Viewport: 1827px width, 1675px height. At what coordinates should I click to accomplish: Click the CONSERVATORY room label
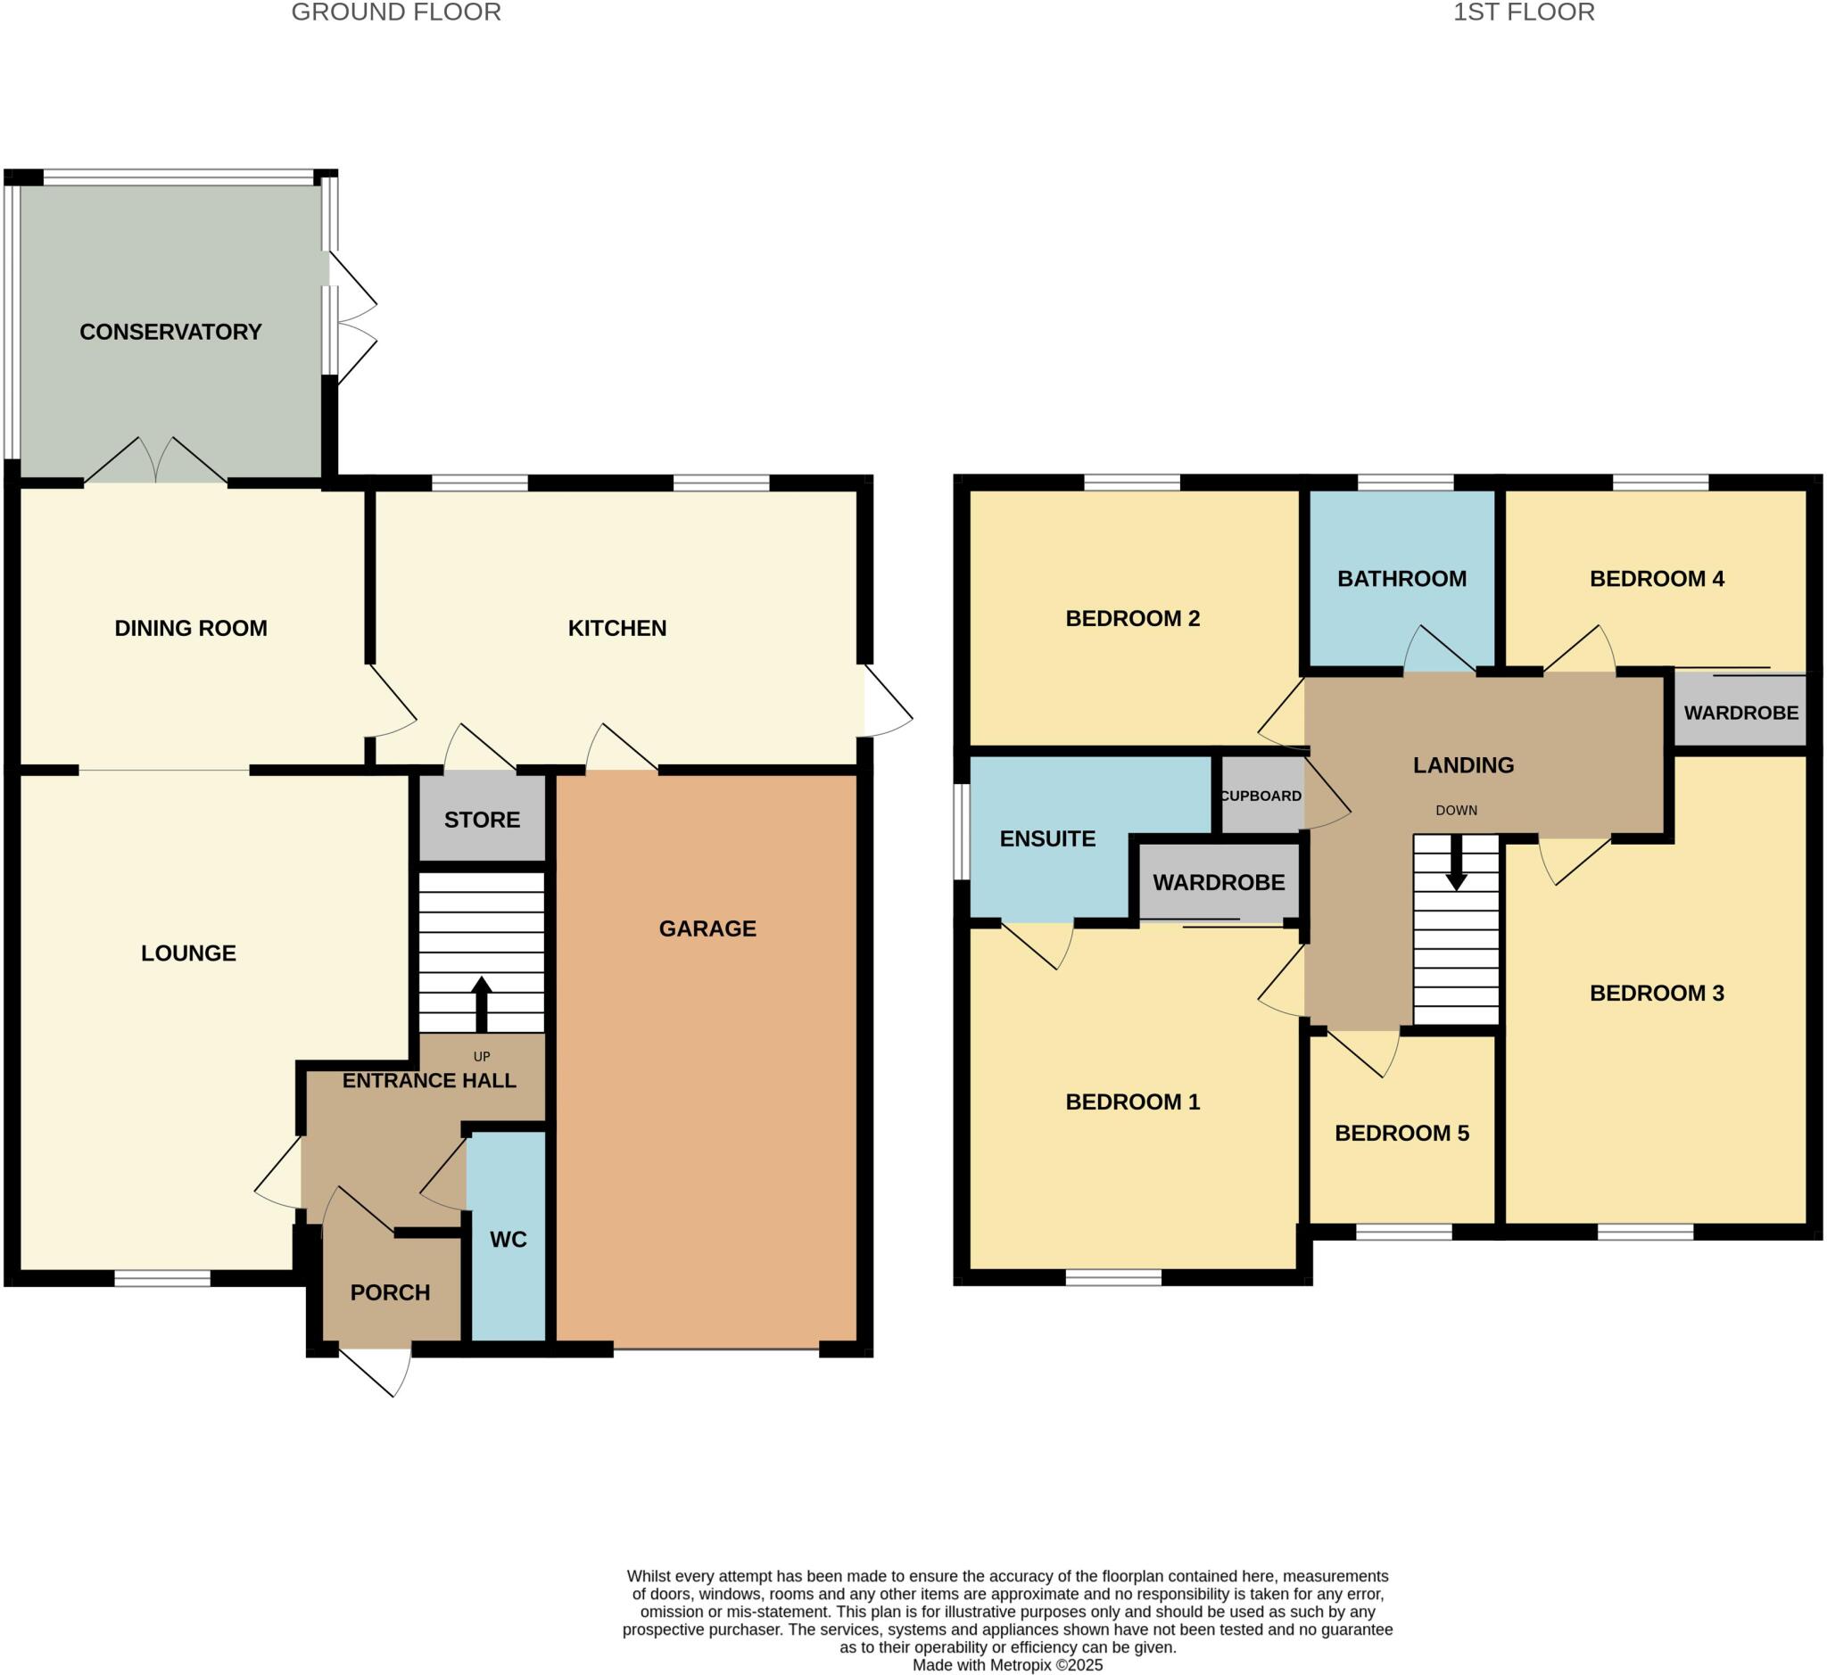(x=170, y=332)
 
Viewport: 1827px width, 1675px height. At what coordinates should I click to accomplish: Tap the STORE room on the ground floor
(x=482, y=820)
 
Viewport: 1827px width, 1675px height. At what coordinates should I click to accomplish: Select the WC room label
(x=508, y=1239)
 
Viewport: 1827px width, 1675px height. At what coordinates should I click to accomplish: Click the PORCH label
(x=390, y=1291)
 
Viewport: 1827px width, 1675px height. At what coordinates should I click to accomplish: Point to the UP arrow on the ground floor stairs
(x=482, y=1003)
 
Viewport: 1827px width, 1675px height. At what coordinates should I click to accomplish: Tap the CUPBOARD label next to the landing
(x=1261, y=796)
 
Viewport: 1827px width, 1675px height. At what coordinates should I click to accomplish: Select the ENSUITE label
(x=1047, y=838)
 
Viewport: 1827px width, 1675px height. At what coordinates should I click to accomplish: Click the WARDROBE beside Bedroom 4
(x=1740, y=713)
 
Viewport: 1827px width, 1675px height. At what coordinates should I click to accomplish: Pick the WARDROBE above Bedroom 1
(x=1219, y=882)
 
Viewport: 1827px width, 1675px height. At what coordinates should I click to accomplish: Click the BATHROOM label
(x=1401, y=578)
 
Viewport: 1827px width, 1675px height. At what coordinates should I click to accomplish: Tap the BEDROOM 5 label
(x=1401, y=1132)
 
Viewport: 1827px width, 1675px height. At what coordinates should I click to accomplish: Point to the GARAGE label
(x=707, y=928)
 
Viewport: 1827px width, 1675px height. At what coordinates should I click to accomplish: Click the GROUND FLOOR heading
(x=396, y=12)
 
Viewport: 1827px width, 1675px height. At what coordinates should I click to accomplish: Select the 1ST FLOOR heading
(x=1524, y=12)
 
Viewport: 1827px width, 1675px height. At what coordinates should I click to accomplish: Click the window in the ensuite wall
(x=961, y=831)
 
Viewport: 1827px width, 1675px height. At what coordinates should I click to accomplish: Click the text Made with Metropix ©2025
(x=1007, y=1664)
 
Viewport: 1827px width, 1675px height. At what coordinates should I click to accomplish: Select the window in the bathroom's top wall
(x=1404, y=483)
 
